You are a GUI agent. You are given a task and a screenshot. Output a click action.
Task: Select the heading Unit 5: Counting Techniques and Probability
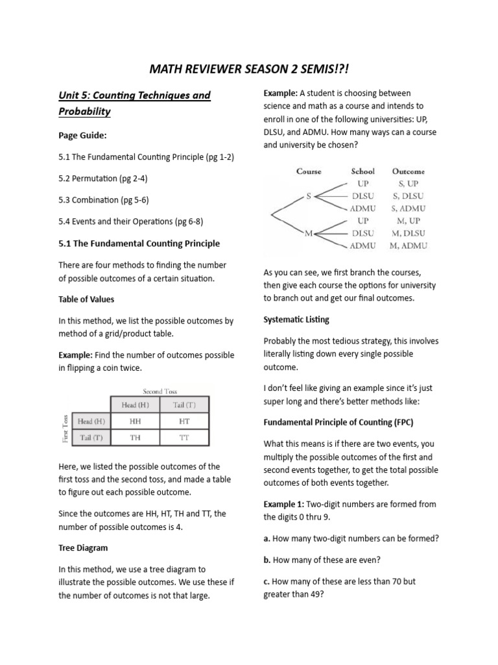(134, 103)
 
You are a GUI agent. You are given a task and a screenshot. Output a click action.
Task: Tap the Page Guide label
(81, 136)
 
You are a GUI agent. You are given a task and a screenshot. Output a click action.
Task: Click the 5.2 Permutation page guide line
(103, 178)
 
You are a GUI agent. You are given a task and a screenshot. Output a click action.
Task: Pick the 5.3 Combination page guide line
(104, 199)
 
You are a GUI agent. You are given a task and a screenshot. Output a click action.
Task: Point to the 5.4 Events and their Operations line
(130, 221)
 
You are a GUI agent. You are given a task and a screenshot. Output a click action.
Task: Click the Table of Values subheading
(86, 299)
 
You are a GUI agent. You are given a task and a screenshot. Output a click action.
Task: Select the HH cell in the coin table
(135, 421)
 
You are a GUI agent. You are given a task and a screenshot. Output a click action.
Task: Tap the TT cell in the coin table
(184, 438)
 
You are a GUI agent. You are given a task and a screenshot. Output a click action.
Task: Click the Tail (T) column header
(184, 405)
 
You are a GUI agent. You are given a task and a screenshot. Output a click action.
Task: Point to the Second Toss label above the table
(161, 392)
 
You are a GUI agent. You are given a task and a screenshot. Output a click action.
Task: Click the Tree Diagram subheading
(83, 547)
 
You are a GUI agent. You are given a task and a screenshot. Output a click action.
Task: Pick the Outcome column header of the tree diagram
(408, 171)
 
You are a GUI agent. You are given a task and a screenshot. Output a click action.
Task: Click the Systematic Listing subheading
(296, 320)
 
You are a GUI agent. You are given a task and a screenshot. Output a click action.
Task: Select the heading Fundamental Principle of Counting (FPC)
(338, 422)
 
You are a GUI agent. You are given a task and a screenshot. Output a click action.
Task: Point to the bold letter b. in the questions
(267, 559)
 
